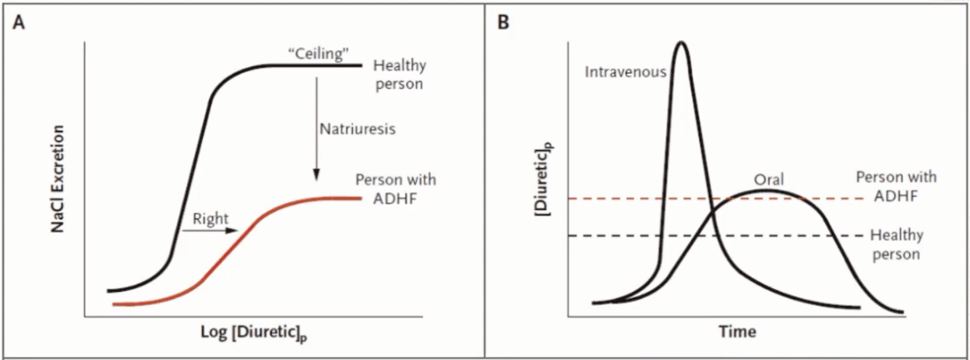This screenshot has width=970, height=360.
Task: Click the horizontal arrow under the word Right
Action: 209,231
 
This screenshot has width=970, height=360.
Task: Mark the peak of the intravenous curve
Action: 682,42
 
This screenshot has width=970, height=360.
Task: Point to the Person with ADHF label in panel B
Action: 890,186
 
